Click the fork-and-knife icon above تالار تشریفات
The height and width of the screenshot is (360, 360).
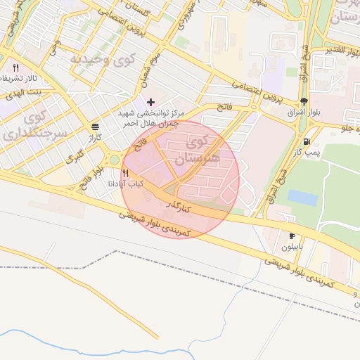click(15, 67)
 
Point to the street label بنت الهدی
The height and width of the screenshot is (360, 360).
click(25, 92)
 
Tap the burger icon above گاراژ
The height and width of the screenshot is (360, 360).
click(94, 127)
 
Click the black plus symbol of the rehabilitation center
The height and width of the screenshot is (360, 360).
click(150, 102)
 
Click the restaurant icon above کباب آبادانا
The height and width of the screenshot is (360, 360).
click(125, 172)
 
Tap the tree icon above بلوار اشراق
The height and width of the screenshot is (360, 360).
click(304, 101)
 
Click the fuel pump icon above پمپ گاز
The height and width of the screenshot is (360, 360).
click(307, 141)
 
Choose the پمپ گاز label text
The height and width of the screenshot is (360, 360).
click(307, 153)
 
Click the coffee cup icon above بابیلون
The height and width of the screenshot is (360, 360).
click(292, 236)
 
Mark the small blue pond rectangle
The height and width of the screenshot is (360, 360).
click(302, 198)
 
